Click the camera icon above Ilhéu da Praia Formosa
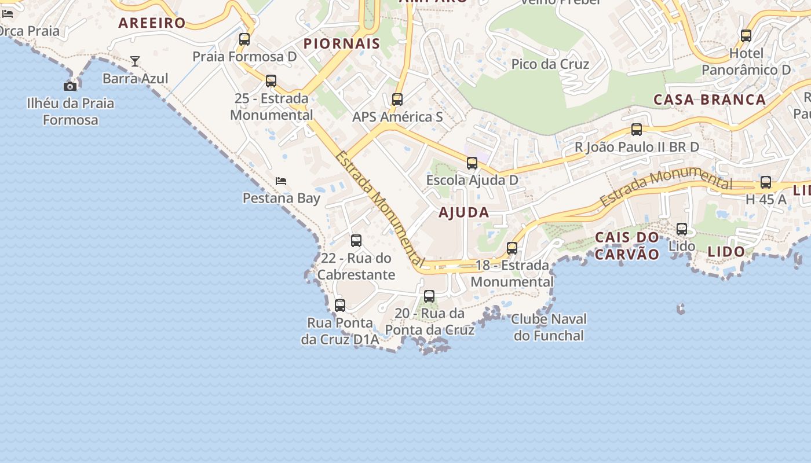coord(70,86)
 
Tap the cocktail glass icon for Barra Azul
coord(135,61)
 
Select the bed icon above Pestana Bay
coord(281,181)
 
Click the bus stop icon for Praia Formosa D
coord(244,39)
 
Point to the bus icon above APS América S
coord(397,100)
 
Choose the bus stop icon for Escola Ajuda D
coord(472,163)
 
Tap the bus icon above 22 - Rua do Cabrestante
coord(356,241)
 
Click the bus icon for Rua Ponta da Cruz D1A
coord(340,306)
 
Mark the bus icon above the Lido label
coord(682,229)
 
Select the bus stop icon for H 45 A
coord(766,183)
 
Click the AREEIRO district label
coord(152,23)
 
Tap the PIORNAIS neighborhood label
coord(342,43)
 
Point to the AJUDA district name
coord(463,212)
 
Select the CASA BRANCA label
coord(710,100)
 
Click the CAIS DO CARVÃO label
coord(627,245)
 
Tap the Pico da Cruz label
coord(550,64)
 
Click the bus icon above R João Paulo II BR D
coord(637,130)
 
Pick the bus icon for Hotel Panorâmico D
coord(746,36)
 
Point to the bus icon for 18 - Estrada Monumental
coord(512,248)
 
